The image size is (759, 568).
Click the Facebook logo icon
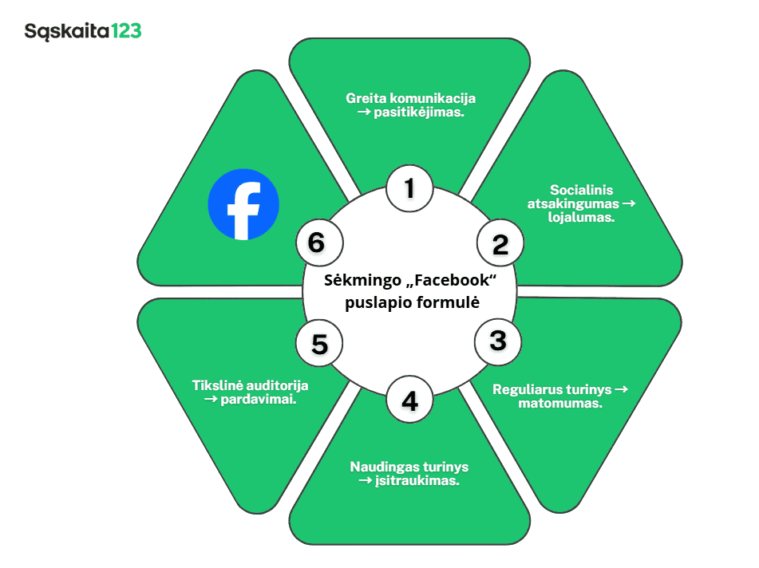click(243, 203)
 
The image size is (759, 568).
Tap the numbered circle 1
click(409, 189)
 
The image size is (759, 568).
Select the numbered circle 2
click(500, 244)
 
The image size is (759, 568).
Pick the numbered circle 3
click(498, 341)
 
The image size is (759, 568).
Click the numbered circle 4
click(409, 400)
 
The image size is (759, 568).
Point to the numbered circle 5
click(319, 345)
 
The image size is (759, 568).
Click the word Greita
click(364, 98)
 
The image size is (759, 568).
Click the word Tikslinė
click(216, 385)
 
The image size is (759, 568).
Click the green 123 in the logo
click(126, 31)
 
